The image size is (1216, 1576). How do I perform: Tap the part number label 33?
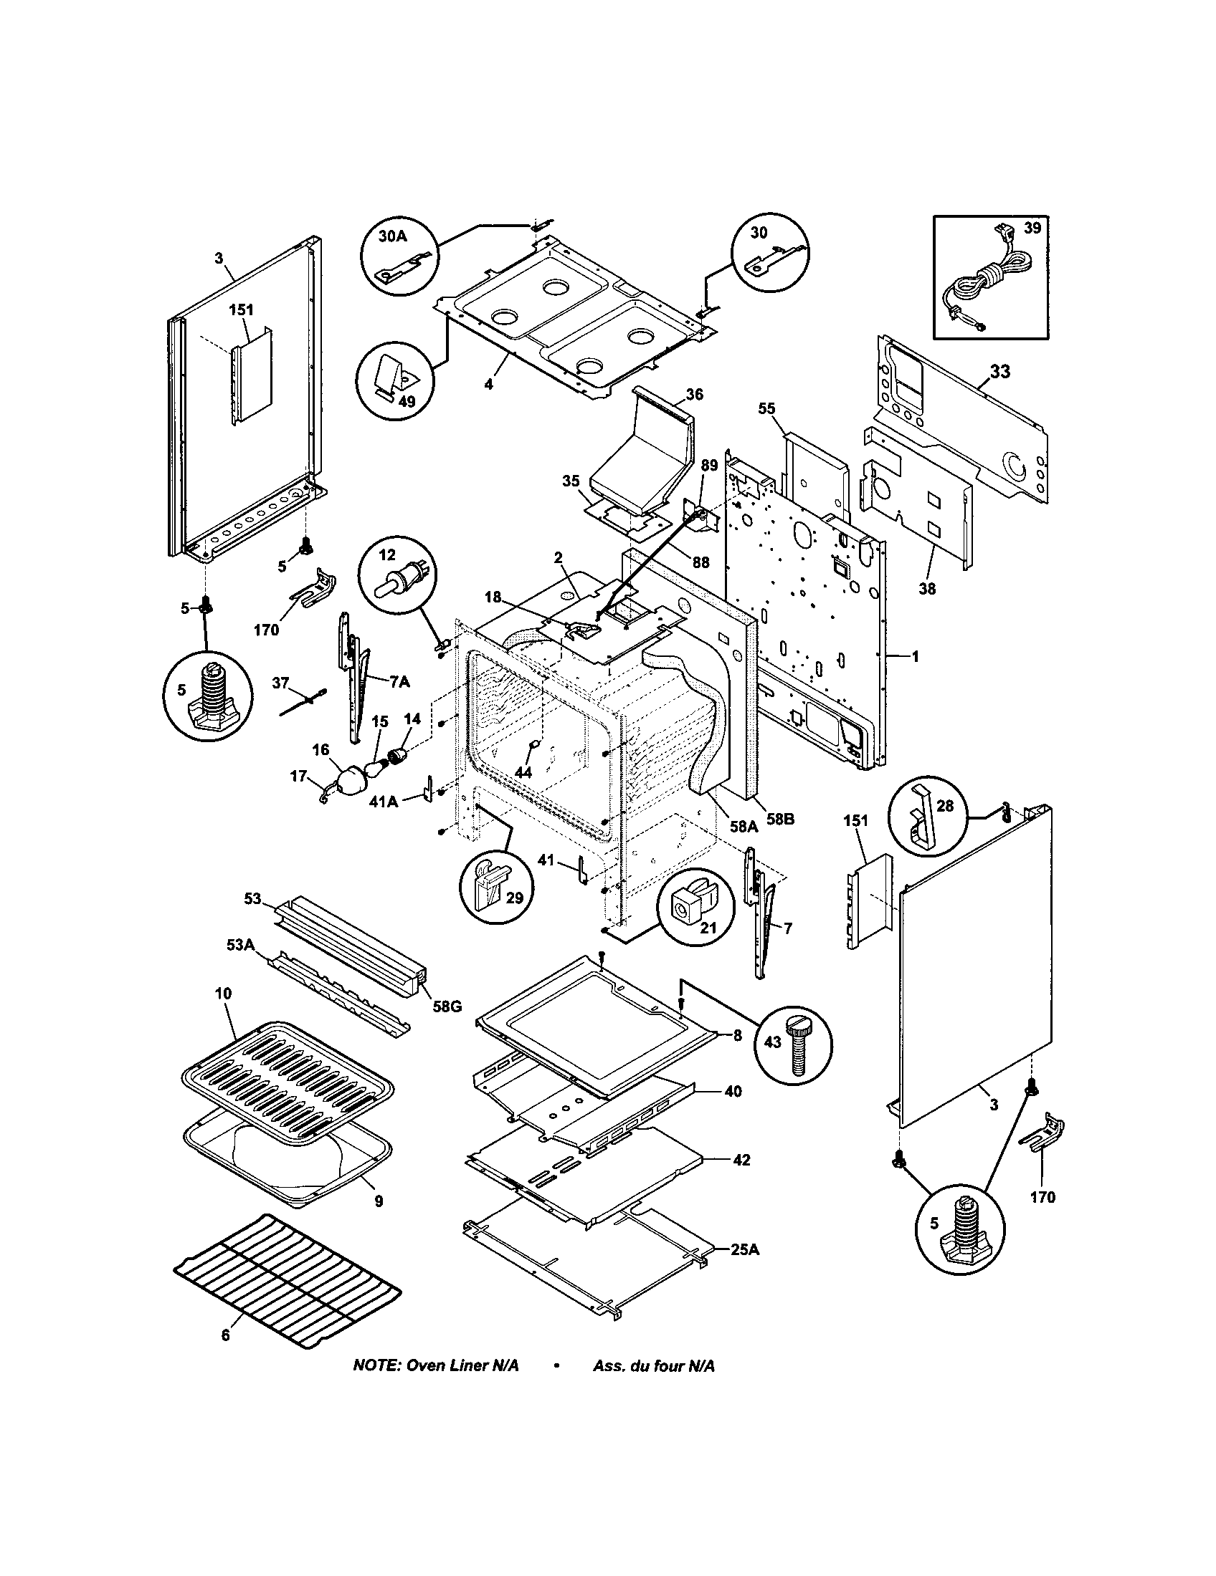click(x=999, y=373)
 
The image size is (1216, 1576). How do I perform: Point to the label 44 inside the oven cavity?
click(x=523, y=772)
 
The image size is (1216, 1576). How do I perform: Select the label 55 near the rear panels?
click(x=766, y=409)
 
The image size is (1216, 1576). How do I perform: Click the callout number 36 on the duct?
click(x=694, y=394)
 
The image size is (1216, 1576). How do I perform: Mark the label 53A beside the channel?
click(x=240, y=946)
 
